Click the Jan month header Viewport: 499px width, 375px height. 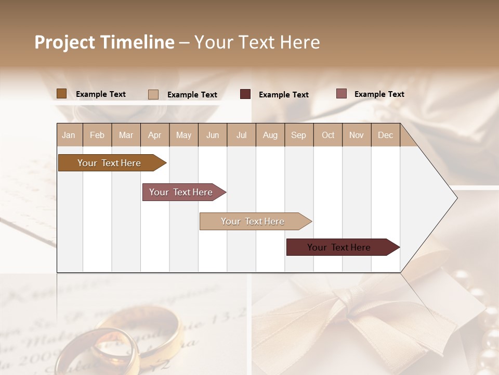69,135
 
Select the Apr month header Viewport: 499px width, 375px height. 154,135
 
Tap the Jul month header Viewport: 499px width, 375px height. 241,135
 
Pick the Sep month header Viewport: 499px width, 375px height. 298,135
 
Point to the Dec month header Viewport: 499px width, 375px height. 385,135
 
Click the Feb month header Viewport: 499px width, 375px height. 97,135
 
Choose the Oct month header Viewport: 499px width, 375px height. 328,135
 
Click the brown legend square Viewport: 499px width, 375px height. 61,94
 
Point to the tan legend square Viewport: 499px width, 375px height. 153,94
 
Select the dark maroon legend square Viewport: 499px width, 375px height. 245,94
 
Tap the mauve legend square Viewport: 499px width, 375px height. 341,94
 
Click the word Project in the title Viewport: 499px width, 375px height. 64,42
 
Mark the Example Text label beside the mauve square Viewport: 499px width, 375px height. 379,94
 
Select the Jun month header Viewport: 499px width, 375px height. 213,135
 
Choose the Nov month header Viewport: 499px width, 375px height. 357,135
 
